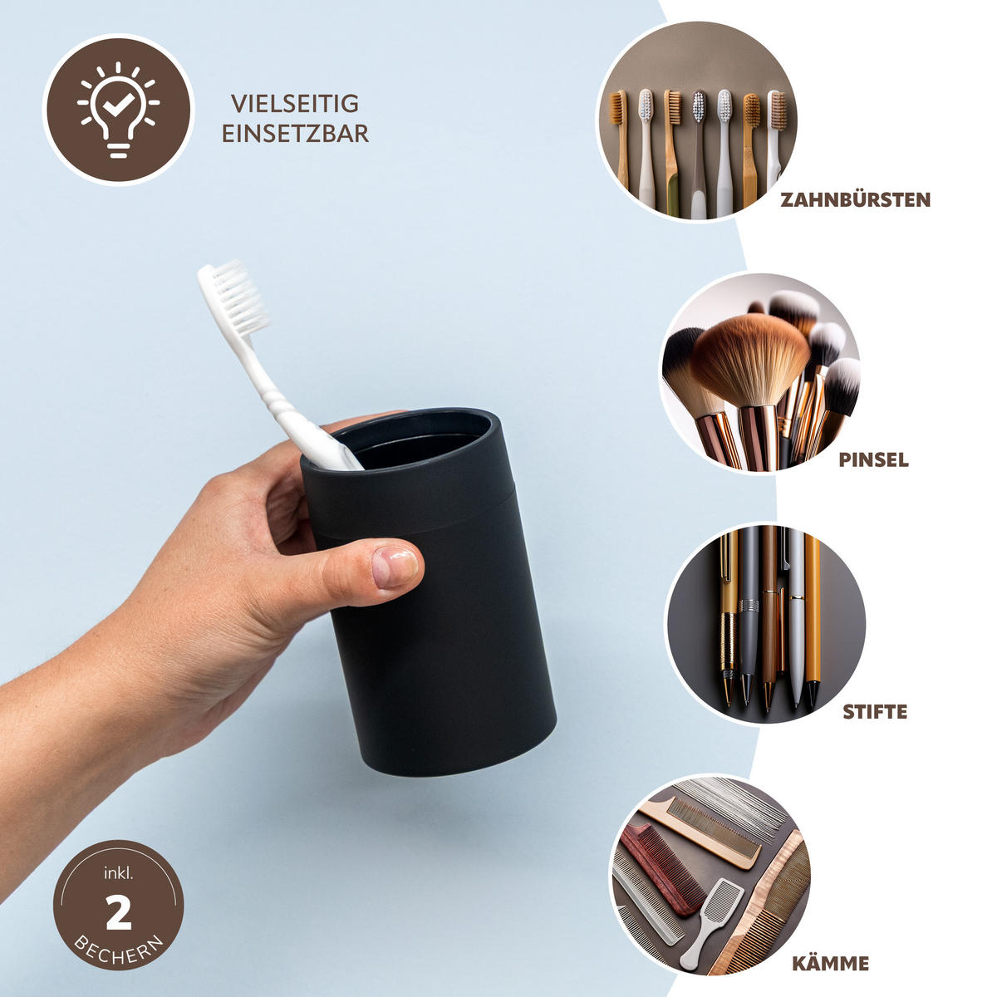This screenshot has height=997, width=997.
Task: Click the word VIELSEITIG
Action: pyautogui.click(x=295, y=104)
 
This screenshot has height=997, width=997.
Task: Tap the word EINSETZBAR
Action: pyautogui.click(x=295, y=134)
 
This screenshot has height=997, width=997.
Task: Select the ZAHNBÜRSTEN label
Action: pyautogui.click(x=855, y=199)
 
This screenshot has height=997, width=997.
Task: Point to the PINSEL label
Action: pyautogui.click(x=873, y=459)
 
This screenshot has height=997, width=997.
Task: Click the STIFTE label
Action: pyautogui.click(x=875, y=712)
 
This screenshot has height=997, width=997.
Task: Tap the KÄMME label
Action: pyautogui.click(x=830, y=964)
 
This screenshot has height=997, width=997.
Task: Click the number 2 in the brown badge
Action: pyautogui.click(x=119, y=915)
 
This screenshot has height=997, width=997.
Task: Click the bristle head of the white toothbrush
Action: pyautogui.click(x=237, y=295)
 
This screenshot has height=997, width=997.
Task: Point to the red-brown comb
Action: pyautogui.click(x=661, y=868)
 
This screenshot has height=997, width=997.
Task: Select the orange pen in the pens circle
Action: pyautogui.click(x=812, y=615)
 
